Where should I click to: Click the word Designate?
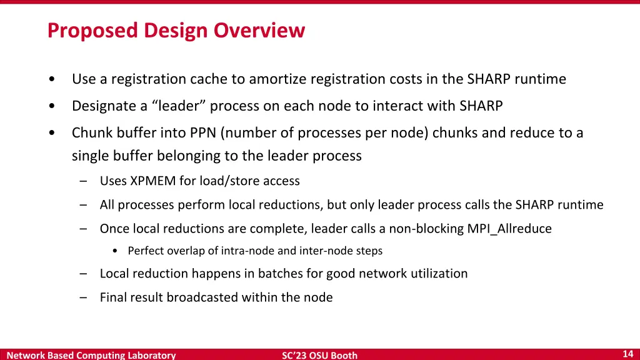tap(103, 106)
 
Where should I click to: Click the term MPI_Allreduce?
tap(509, 229)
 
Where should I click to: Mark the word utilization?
tap(439, 274)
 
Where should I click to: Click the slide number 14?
tap(628, 354)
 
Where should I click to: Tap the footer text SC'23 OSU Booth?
tap(319, 356)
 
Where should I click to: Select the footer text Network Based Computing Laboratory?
tap(91, 356)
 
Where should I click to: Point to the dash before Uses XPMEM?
tap(84, 181)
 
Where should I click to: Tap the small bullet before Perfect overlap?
tap(116, 251)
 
